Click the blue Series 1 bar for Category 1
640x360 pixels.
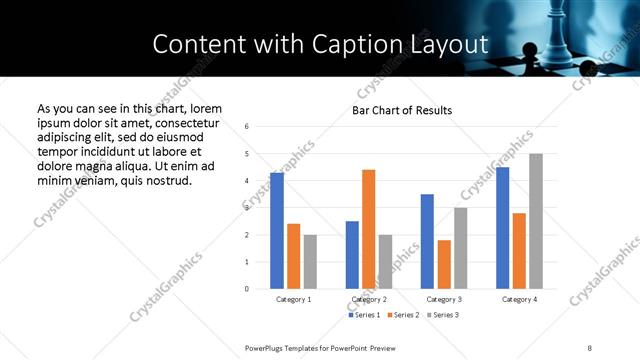point(277,231)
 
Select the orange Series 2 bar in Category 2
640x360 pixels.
point(368,229)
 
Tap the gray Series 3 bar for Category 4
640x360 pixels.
point(536,221)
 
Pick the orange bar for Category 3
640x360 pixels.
point(444,264)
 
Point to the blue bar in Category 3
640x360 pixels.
point(427,241)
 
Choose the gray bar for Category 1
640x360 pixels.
point(310,262)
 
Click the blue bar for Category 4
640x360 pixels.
point(503,228)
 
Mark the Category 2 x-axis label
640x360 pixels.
point(368,299)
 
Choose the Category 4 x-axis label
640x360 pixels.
point(519,299)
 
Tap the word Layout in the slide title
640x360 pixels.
point(454,44)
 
